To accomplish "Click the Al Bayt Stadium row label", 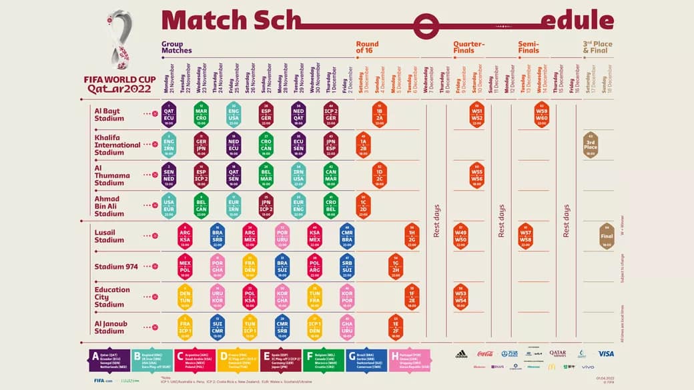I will pos(109,115).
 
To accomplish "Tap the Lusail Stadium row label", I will pos(109,236).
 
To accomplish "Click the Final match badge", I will pos(607,236).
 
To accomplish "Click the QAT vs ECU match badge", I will pos(169,115).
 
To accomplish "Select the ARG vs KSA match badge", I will pos(185,236).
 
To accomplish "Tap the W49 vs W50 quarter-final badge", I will pos(460,236).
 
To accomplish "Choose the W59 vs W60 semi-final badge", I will pos(541,115).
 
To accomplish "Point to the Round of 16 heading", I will pos(367,47).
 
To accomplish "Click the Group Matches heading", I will pos(176,47).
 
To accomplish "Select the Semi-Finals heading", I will pos(529,47).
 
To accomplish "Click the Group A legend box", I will pos(109,361).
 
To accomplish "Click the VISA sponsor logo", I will pos(605,354).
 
